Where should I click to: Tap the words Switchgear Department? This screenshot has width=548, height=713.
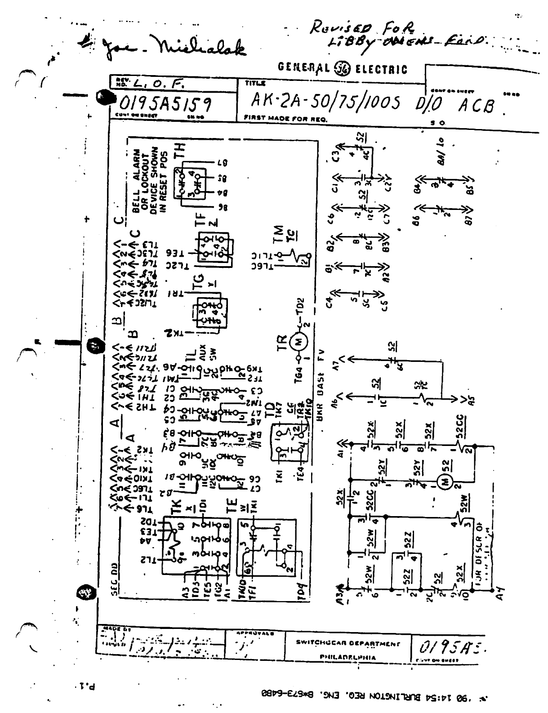click(x=347, y=642)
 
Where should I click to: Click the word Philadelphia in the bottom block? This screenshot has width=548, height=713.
click(x=347, y=657)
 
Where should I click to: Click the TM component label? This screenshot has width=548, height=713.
click(x=279, y=234)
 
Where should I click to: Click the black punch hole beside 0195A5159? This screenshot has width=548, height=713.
click(x=105, y=96)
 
